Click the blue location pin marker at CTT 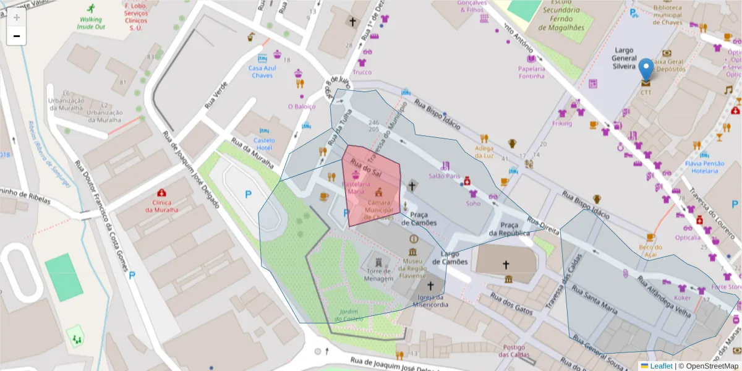(646, 69)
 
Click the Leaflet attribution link (660, 366)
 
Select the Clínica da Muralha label (161, 205)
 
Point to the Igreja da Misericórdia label (430, 301)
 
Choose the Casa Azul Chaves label (262, 72)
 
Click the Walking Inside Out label (91, 23)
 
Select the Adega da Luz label (484, 151)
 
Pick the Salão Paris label (445, 176)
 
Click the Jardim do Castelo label (349, 315)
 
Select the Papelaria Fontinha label (531, 72)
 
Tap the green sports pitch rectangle (64, 277)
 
